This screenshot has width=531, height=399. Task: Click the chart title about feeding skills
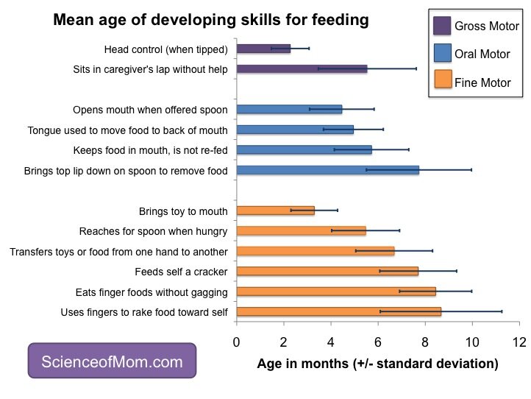[x=210, y=21]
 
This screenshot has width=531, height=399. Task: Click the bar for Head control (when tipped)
[x=263, y=49]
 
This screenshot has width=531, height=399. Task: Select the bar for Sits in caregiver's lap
[x=302, y=69]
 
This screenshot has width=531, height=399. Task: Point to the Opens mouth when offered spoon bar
[x=289, y=110]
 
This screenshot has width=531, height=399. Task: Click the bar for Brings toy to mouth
[x=275, y=211]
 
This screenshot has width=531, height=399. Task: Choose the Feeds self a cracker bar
[x=327, y=271]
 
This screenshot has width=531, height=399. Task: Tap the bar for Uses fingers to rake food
[x=338, y=312]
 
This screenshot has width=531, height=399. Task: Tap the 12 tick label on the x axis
[x=519, y=342]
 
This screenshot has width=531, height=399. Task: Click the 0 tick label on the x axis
[x=236, y=342]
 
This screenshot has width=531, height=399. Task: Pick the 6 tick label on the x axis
[x=377, y=342]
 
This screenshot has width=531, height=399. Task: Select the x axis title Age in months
[x=377, y=364]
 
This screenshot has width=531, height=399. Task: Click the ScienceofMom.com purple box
[x=112, y=361]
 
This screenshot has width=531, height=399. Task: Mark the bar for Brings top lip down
[x=327, y=170]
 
